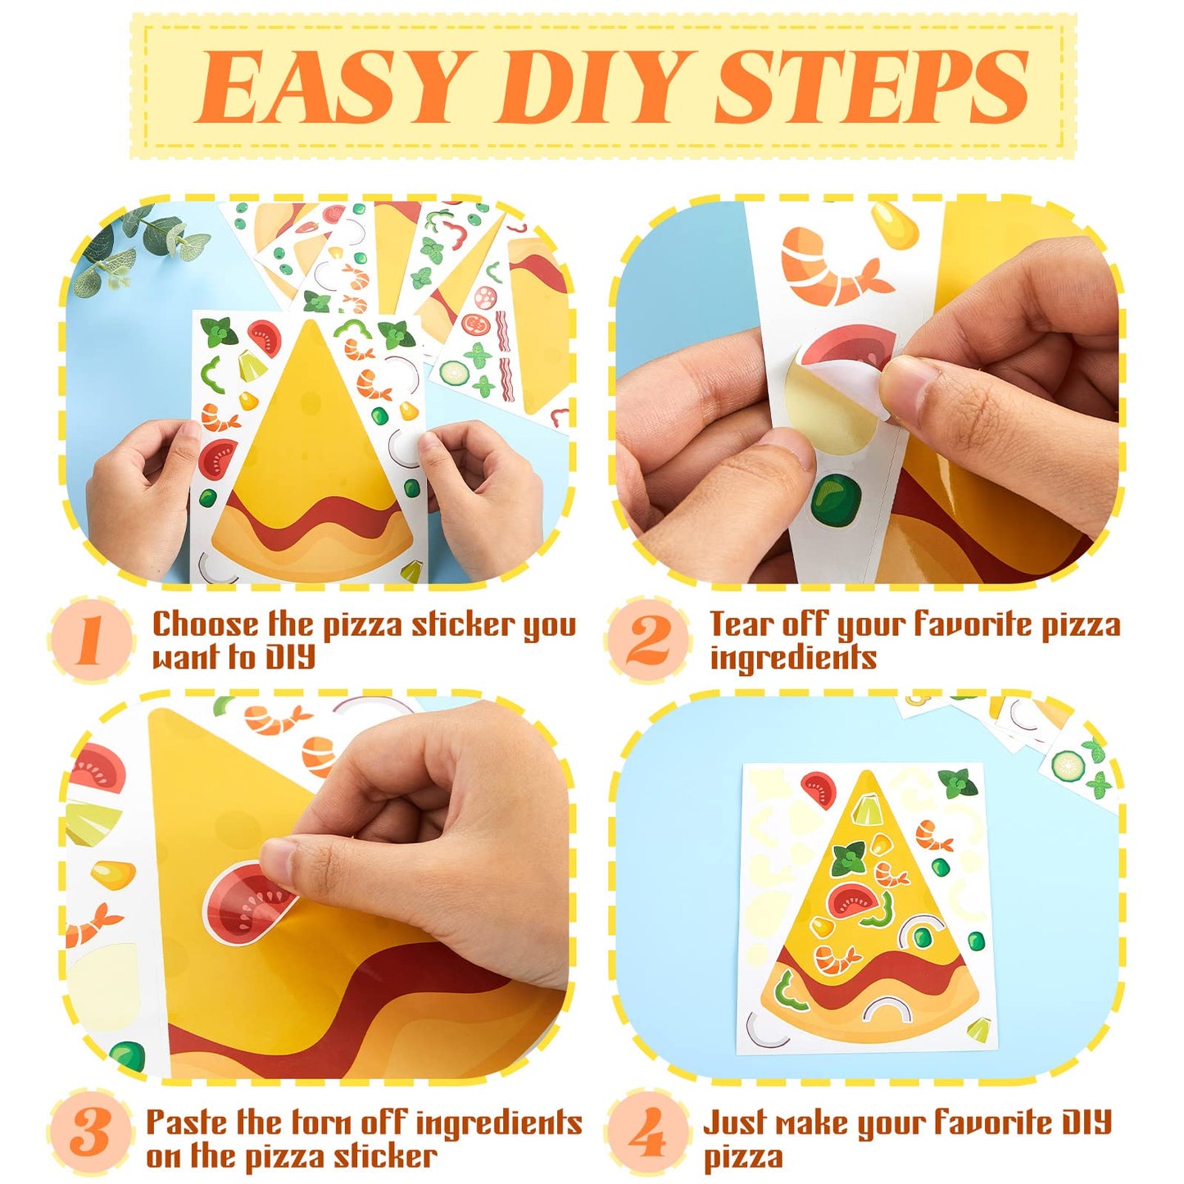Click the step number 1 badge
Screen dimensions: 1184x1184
coord(90,639)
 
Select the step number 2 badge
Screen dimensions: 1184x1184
coord(647,639)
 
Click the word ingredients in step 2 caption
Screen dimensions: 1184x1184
coord(792,658)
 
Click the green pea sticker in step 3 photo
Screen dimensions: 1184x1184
coord(128,1055)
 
